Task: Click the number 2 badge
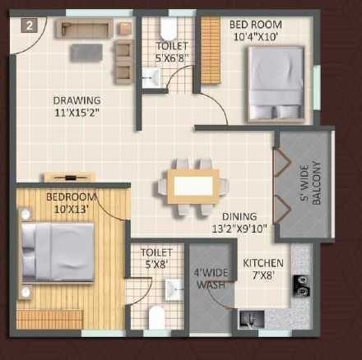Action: click(30, 25)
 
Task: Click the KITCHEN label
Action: click(263, 269)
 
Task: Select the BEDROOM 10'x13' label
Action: click(71, 203)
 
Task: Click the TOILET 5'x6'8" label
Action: click(171, 52)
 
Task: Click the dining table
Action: click(193, 185)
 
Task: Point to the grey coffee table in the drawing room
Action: click(86, 52)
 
